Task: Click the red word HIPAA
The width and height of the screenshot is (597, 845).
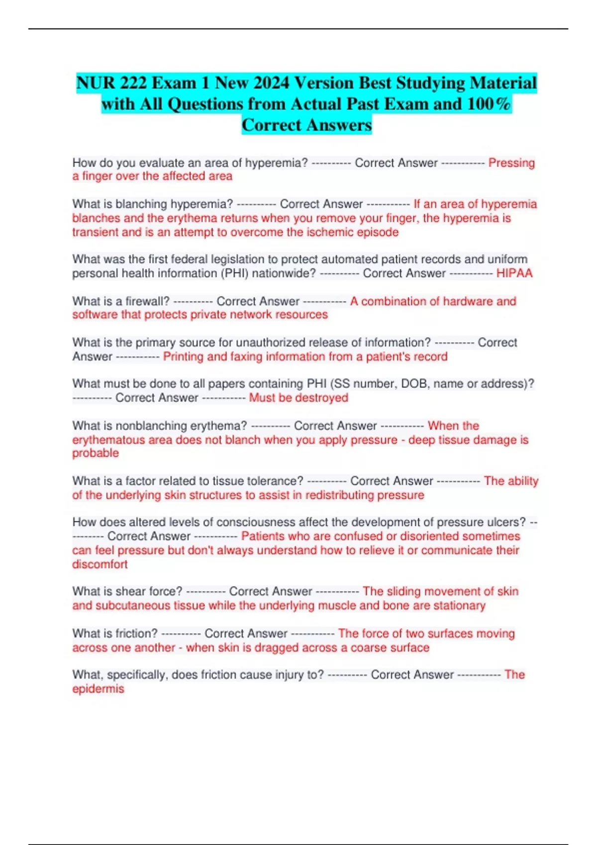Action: pyautogui.click(x=514, y=273)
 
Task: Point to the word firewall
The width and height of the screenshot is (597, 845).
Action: pyautogui.click(x=147, y=301)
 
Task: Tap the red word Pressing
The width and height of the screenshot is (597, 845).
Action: pyautogui.click(x=511, y=163)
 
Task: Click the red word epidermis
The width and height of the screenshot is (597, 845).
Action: pyautogui.click(x=98, y=688)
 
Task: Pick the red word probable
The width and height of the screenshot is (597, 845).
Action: pyautogui.click(x=96, y=453)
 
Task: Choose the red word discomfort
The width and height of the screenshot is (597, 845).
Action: pyautogui.click(x=100, y=564)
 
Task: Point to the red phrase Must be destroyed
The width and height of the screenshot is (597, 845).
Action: pyautogui.click(x=298, y=398)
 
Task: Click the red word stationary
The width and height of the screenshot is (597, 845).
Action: pyautogui.click(x=459, y=605)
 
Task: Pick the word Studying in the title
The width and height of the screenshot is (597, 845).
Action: pyautogui.click(x=421, y=83)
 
